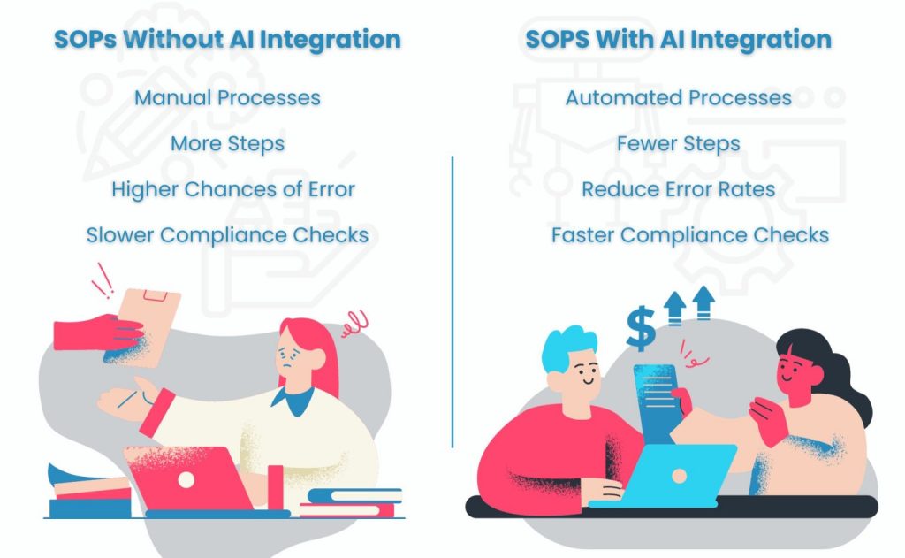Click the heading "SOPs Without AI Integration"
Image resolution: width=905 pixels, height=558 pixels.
(x=227, y=39)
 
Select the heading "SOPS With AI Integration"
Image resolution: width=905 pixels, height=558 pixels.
(x=678, y=39)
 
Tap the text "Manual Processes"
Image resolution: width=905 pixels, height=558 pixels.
(x=227, y=97)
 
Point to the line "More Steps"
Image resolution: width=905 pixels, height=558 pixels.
(x=227, y=144)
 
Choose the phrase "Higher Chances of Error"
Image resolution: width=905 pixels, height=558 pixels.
(x=233, y=189)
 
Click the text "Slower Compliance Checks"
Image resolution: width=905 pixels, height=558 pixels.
(x=227, y=235)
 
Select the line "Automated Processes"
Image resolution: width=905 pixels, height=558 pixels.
(x=678, y=97)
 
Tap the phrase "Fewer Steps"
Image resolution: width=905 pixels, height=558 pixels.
(x=678, y=144)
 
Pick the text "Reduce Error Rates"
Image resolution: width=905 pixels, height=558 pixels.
(x=678, y=189)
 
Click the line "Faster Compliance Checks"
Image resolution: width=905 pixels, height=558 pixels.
(x=689, y=235)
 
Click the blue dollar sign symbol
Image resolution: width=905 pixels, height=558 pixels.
(x=641, y=329)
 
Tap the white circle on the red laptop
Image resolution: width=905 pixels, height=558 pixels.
(x=186, y=479)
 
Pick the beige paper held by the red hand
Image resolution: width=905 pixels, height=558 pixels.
(x=148, y=326)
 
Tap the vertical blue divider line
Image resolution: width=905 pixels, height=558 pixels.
(x=452, y=302)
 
